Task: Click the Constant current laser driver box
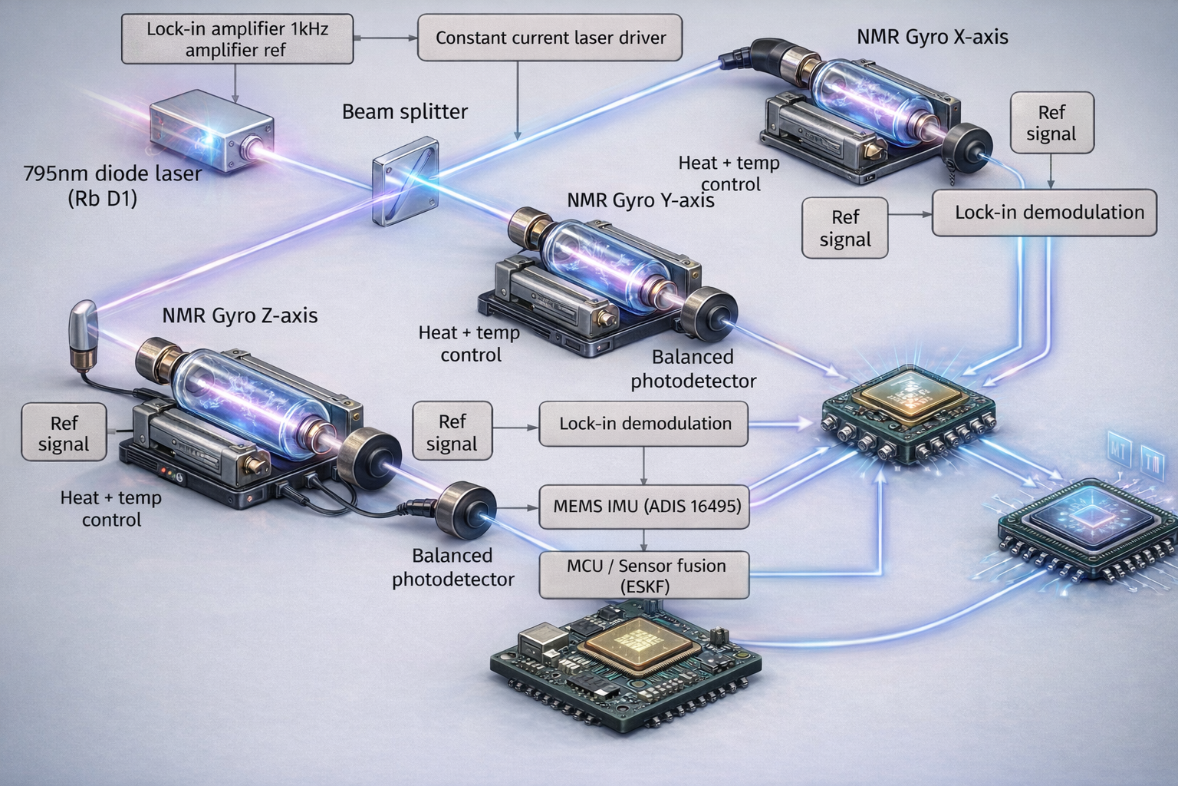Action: pyautogui.click(x=550, y=38)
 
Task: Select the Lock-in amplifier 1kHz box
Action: pyautogui.click(x=237, y=39)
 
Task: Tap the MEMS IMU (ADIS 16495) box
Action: pyautogui.click(x=644, y=507)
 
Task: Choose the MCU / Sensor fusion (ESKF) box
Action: pyautogui.click(x=644, y=575)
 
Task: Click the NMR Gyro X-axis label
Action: pyautogui.click(x=932, y=37)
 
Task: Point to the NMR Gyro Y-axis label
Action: pyautogui.click(x=640, y=200)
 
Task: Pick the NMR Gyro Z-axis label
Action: pyautogui.click(x=239, y=315)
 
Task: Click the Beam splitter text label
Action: pyautogui.click(x=404, y=112)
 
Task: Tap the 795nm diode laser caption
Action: pyautogui.click(x=112, y=185)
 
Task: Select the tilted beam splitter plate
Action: pyautogui.click(x=406, y=181)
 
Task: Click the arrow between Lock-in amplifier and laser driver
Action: pyautogui.click(x=385, y=38)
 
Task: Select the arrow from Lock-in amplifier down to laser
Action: pyautogui.click(x=235, y=83)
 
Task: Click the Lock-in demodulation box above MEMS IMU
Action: pyautogui.click(x=643, y=424)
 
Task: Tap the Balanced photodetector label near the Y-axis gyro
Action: pyautogui.click(x=693, y=369)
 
